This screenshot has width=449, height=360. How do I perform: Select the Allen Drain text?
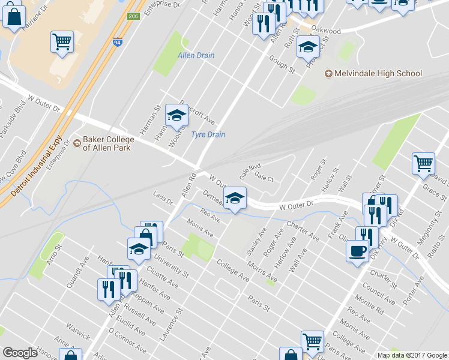click(196, 56)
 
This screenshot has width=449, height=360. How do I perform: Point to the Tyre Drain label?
click(208, 134)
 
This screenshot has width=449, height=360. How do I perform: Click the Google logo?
click(20, 352)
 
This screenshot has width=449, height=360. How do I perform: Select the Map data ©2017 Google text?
click(411, 355)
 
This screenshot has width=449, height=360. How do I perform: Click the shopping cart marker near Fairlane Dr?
click(62, 42)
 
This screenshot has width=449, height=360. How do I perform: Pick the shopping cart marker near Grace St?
click(423, 163)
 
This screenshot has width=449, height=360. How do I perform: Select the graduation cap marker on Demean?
click(235, 198)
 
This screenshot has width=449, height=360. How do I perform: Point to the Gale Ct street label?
click(264, 178)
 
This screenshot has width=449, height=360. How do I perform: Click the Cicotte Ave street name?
click(163, 274)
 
